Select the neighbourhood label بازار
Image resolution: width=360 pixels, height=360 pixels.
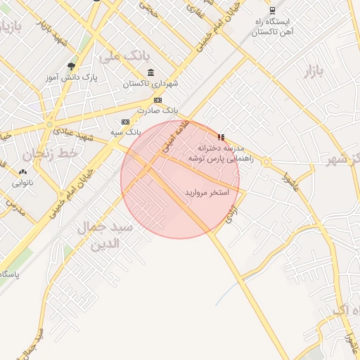click(316, 70)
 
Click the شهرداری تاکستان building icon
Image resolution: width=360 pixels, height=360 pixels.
click(151, 73)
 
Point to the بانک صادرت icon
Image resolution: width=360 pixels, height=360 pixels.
click(157, 100)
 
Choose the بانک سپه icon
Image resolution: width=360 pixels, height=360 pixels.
click(125, 122)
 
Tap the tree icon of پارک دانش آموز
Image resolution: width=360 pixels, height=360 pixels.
click(71, 67)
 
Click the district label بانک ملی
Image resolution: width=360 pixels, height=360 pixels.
click(126, 56)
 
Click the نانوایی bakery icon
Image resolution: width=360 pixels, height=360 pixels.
click(22, 171)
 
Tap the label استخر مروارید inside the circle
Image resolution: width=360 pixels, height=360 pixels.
click(207, 192)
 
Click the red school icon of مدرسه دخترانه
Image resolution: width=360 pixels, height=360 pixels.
click(221, 138)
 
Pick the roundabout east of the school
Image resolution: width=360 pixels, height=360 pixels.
click(266, 162)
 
